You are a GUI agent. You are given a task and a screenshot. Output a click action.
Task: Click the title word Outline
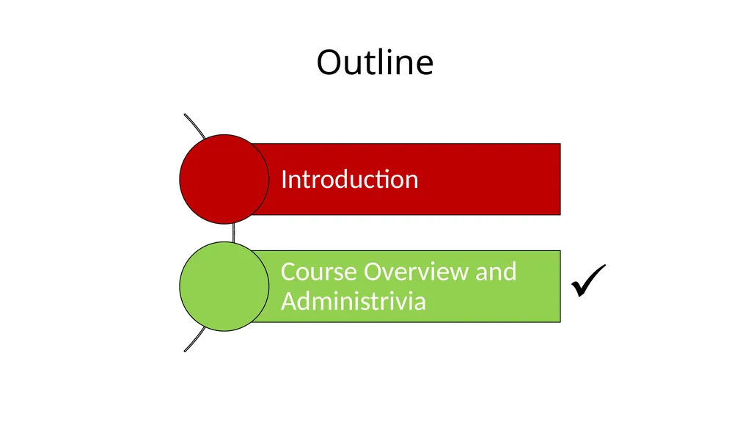point(375,62)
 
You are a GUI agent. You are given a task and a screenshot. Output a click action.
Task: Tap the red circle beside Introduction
point(224,179)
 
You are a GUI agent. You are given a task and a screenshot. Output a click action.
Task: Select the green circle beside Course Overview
point(224,286)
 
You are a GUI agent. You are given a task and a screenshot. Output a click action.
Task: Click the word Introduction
point(350,179)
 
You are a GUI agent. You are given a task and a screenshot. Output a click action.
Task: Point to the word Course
point(319,272)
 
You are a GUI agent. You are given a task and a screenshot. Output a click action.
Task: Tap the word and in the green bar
point(496,272)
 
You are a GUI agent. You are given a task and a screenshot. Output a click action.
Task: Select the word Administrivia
point(353,301)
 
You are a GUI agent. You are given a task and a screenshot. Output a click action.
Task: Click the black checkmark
point(588,281)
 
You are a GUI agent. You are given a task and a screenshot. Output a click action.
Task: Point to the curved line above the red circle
point(195,125)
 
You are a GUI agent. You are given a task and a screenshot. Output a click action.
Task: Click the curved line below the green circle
point(194,340)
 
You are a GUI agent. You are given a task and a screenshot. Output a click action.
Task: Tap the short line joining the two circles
point(233,233)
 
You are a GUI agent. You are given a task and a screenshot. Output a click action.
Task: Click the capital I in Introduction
point(284,179)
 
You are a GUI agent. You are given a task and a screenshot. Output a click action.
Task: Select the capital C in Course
point(289,272)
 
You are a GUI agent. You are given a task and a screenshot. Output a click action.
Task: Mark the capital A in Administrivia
point(290,301)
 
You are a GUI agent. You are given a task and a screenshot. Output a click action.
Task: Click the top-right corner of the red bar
point(560,143)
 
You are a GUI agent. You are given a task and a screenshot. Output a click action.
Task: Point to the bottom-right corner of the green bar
point(560,322)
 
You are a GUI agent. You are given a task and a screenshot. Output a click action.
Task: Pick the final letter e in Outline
point(425,66)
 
